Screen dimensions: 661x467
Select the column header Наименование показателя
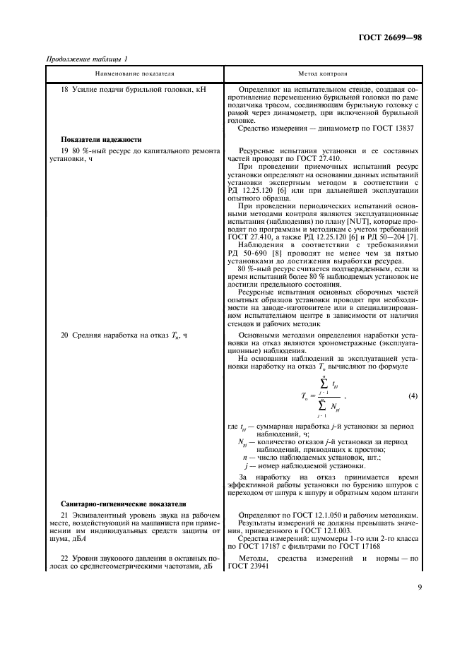point(135,73)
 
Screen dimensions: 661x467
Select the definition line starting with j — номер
point(290,466)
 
